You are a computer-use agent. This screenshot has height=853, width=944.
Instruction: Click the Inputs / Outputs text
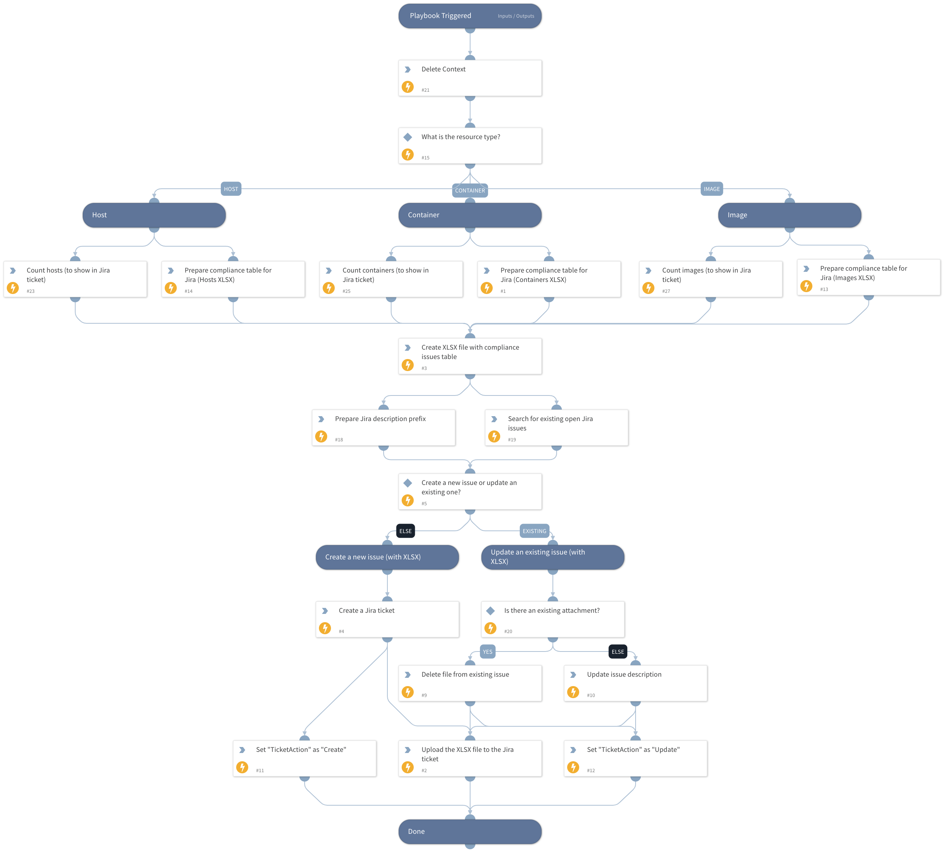pyautogui.click(x=516, y=16)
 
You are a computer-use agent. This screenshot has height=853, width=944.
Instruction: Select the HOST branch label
pyautogui.click(x=231, y=189)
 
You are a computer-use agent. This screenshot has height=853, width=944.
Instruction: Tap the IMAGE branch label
pyautogui.click(x=711, y=189)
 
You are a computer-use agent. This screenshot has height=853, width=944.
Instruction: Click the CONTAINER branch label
pyautogui.click(x=470, y=191)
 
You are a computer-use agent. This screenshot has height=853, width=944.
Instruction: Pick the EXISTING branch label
pyautogui.click(x=534, y=531)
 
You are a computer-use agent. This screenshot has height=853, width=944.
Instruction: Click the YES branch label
pyautogui.click(x=487, y=652)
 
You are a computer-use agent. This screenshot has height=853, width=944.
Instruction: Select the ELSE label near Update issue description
pyautogui.click(x=618, y=652)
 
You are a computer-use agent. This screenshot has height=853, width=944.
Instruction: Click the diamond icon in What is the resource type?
pyautogui.click(x=408, y=137)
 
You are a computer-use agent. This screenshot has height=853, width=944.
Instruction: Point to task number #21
pyautogui.click(x=425, y=90)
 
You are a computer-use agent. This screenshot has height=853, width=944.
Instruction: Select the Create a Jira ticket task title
pyautogui.click(x=366, y=611)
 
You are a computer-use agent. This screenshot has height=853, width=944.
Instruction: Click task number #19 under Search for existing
pyautogui.click(x=512, y=439)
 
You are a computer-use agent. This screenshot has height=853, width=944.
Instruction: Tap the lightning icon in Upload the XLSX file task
pyautogui.click(x=408, y=767)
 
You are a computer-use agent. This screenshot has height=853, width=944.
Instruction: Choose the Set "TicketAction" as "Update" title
pyautogui.click(x=633, y=750)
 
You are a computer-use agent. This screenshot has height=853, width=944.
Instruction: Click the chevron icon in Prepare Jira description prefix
pyautogui.click(x=321, y=419)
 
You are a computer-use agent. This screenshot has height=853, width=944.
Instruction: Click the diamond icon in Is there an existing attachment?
pyautogui.click(x=490, y=611)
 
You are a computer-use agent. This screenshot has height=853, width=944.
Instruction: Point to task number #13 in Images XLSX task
pyautogui.click(x=824, y=289)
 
